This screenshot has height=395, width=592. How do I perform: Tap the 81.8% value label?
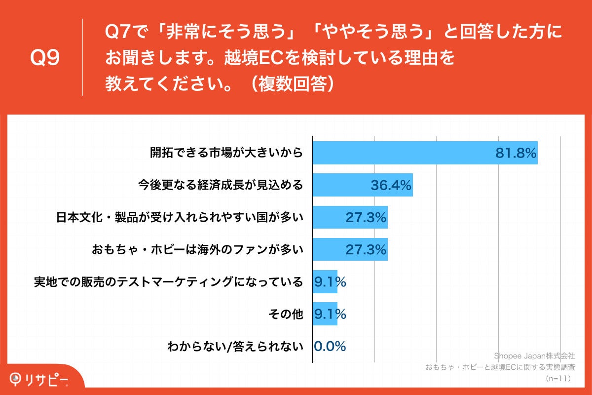click(x=516, y=153)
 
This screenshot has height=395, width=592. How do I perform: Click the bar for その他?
click(x=325, y=314)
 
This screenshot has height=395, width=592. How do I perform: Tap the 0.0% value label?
click(x=330, y=346)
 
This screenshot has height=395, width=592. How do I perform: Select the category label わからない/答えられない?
click(x=235, y=346)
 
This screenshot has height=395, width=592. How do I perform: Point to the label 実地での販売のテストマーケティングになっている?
click(x=168, y=282)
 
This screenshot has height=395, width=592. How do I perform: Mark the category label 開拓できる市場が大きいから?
click(x=226, y=153)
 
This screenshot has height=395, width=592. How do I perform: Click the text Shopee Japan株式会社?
click(x=534, y=355)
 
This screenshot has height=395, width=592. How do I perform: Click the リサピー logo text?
click(x=47, y=379)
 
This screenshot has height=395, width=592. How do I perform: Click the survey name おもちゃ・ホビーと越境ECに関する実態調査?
click(x=500, y=367)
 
